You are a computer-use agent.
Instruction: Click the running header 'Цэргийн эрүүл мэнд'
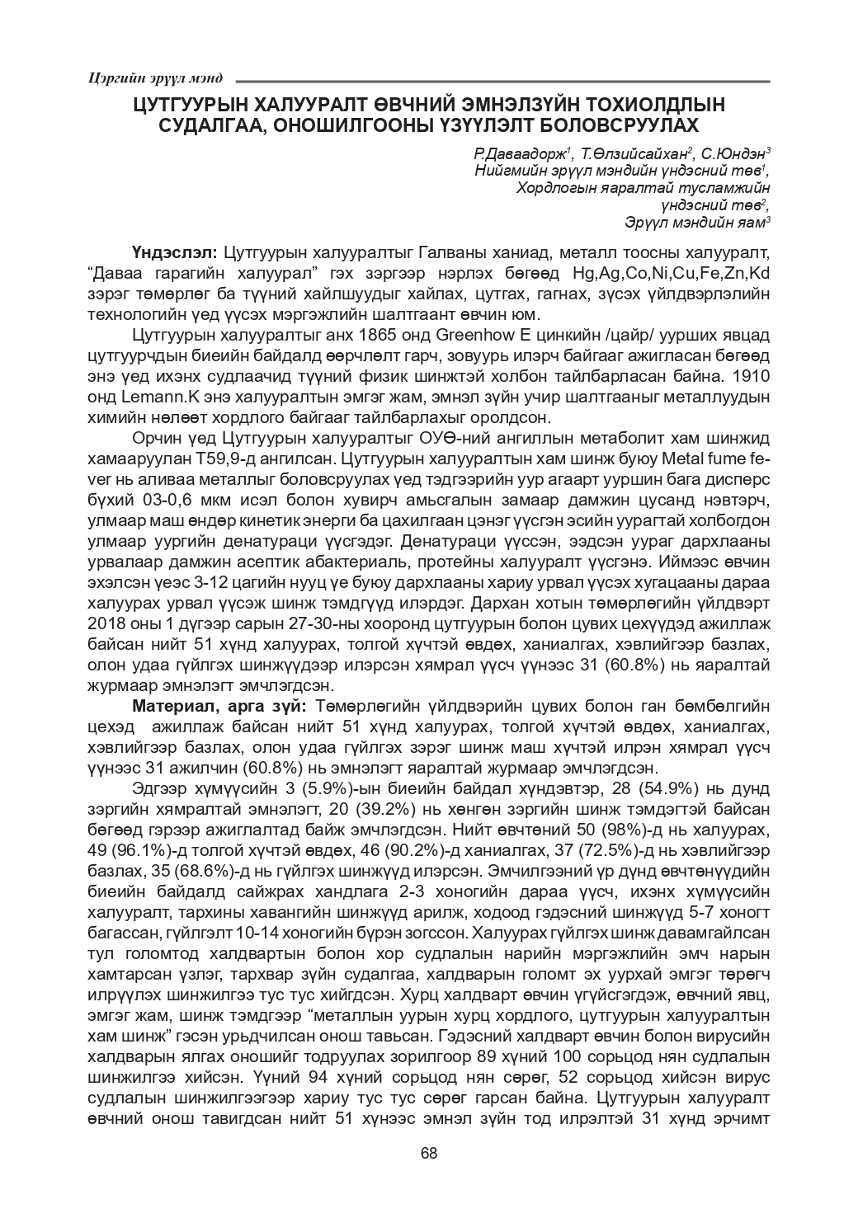[x=154, y=78]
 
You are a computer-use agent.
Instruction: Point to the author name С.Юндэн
[x=736, y=154]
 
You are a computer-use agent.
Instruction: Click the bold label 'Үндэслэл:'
[x=173, y=251]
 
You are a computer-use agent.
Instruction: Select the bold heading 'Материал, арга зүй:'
[x=219, y=707]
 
